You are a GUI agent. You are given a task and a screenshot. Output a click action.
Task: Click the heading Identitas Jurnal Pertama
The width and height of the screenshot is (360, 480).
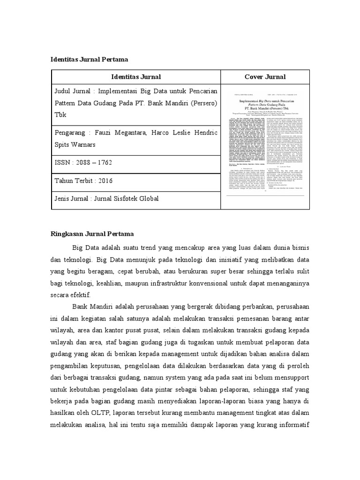89,60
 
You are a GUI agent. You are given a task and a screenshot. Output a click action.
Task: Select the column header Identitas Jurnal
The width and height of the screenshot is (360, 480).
136,77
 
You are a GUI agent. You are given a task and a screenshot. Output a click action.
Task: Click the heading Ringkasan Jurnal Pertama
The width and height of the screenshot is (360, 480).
92,233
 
